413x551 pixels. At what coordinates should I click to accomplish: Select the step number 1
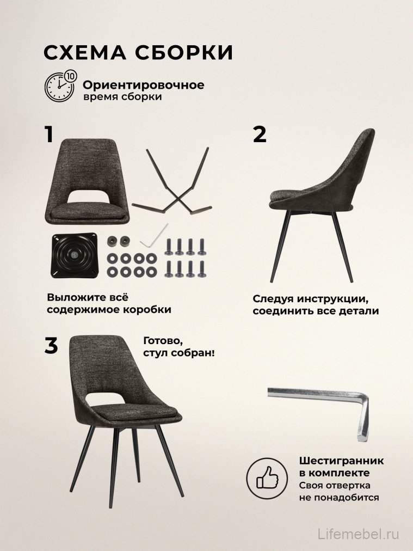click(x=49, y=134)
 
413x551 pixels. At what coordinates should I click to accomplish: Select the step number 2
click(x=260, y=134)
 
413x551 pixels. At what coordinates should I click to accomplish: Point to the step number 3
click(x=51, y=346)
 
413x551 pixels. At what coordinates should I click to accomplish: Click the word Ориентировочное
click(x=143, y=85)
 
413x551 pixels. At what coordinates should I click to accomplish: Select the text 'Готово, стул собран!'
click(x=178, y=346)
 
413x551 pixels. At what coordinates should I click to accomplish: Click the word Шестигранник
click(x=341, y=461)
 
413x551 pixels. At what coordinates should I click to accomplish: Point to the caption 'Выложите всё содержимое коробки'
click(x=109, y=304)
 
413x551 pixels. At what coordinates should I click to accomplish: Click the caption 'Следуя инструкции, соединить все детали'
click(x=316, y=305)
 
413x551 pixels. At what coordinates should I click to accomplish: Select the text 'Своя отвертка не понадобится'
click(x=338, y=491)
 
